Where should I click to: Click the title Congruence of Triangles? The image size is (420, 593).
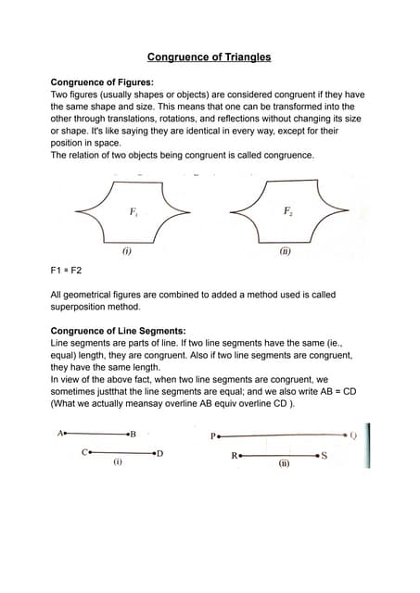[210, 57]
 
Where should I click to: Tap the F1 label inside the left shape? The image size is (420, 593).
[134, 212]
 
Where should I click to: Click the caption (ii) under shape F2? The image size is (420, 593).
[286, 250]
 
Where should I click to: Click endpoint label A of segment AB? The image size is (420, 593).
[60, 433]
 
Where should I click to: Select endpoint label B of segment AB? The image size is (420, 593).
[134, 434]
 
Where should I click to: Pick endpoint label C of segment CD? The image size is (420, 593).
[84, 452]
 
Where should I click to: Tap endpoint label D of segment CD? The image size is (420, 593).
[159, 453]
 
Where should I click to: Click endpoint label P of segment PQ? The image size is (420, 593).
[213, 435]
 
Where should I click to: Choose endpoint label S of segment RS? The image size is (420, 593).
[324, 455]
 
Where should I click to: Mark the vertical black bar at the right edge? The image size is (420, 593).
[368, 445]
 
